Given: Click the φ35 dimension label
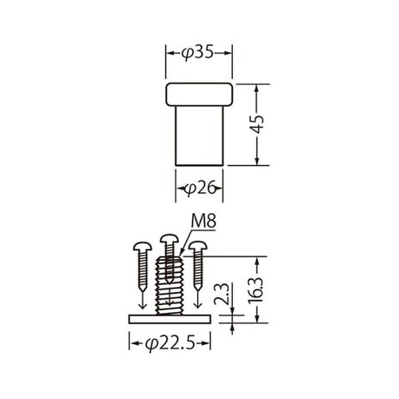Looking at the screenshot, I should tap(199, 54).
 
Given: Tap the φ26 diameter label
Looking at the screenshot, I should tap(199, 188).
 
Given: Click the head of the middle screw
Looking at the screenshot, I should tap(168, 239).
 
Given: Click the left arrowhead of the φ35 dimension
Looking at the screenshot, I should tap(168, 54).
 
